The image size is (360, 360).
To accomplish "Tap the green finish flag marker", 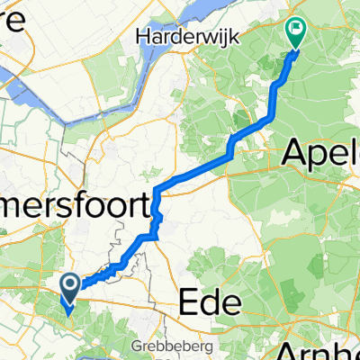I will (296, 32).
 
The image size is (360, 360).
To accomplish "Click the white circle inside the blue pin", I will (71, 284).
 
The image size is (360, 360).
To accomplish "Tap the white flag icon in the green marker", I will (296, 29).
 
